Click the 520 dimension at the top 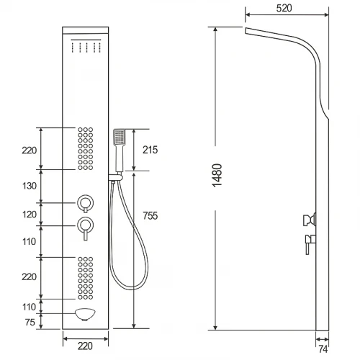(284, 8)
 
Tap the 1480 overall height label (217, 176)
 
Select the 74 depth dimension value (323, 349)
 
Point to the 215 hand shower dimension (150, 150)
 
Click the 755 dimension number (150, 215)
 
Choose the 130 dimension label (30, 186)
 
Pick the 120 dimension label (30, 215)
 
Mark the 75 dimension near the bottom (30, 322)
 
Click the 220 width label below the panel (85, 346)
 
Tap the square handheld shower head (120, 137)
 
